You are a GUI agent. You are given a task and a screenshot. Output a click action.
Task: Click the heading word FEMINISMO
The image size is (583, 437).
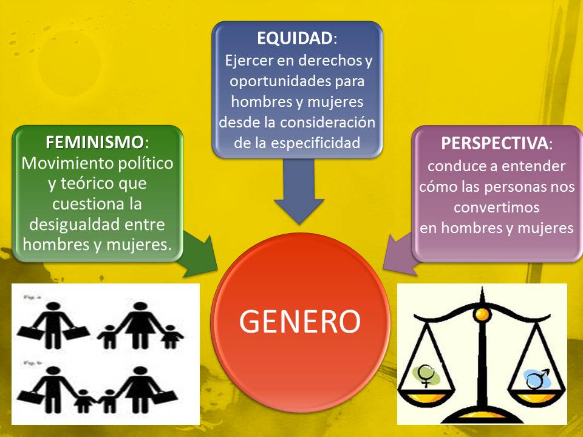(95, 143)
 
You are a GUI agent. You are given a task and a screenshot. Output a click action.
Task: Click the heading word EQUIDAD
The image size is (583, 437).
(294, 38)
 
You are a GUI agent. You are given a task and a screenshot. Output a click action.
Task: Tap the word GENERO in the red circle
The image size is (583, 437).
(300, 321)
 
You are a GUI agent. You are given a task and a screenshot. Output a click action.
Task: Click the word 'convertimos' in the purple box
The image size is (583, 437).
(496, 206)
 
